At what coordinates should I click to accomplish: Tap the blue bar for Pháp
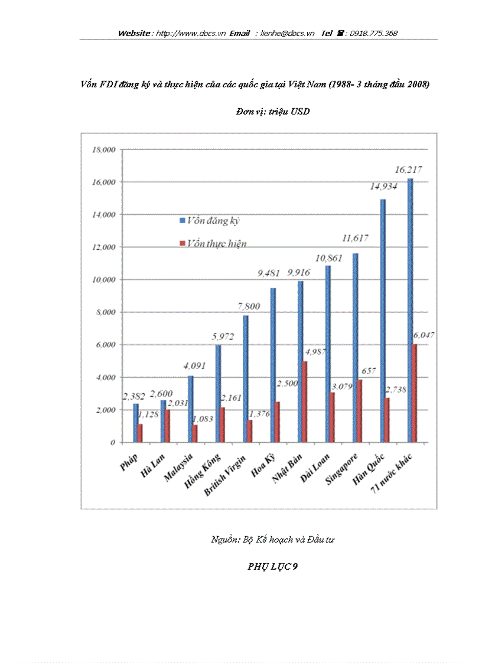[135, 423]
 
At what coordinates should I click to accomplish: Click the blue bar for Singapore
[355, 348]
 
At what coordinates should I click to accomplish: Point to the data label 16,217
[408, 170]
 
